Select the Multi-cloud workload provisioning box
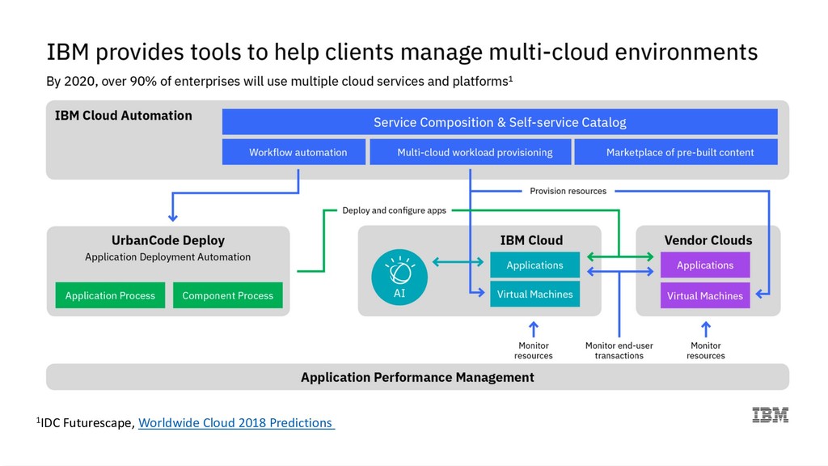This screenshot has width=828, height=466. pyautogui.click(x=470, y=152)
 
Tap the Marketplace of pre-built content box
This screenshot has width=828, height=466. pyautogui.click(x=676, y=152)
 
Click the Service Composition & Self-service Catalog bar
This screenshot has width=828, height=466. pyautogui.click(x=500, y=122)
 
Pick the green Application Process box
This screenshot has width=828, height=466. pyautogui.click(x=110, y=295)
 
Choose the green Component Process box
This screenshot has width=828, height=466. pyautogui.click(x=227, y=295)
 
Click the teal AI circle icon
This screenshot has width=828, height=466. pyautogui.click(x=399, y=277)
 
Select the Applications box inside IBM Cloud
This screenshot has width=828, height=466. pyautogui.click(x=535, y=265)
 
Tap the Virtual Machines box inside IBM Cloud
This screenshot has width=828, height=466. pyautogui.click(x=535, y=294)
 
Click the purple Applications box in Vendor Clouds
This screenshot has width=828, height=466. pyautogui.click(x=705, y=265)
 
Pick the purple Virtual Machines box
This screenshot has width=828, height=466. pyautogui.click(x=705, y=296)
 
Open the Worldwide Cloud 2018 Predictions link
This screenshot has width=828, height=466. pyautogui.click(x=236, y=422)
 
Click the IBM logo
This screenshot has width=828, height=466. pyautogui.click(x=771, y=415)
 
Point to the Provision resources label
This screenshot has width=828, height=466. pyautogui.click(x=568, y=191)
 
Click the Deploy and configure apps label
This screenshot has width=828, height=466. pyautogui.click(x=394, y=210)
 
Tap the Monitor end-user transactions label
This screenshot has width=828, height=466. pyautogui.click(x=619, y=350)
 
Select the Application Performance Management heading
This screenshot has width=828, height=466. pyautogui.click(x=417, y=377)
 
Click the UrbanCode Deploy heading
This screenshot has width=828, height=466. pyautogui.click(x=168, y=240)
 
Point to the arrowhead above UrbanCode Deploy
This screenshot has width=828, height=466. pyautogui.click(x=173, y=217)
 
